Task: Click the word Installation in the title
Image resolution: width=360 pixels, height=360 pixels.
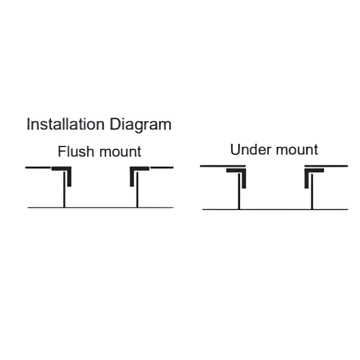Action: coord(65,124)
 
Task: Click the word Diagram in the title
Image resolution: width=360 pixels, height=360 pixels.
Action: coord(140,125)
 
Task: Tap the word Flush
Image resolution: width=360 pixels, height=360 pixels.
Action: coord(76,151)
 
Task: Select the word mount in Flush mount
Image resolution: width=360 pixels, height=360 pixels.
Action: coord(121,152)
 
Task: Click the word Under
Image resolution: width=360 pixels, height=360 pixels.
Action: coord(251,149)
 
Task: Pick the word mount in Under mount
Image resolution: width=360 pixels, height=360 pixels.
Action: coord(297,150)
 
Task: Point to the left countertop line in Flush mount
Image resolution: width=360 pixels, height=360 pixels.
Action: coord(38,167)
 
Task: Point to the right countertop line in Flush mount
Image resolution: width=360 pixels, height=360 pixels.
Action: coord(161,167)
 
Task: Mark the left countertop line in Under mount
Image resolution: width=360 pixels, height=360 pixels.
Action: coord(223,166)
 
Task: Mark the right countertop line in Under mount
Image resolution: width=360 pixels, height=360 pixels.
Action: coord(326,166)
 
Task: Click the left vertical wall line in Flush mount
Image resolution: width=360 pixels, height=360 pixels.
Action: coord(64,190)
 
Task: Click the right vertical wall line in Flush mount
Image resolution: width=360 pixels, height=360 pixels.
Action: coord(137,190)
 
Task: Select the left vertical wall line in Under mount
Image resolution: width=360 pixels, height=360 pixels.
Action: coord(239,191)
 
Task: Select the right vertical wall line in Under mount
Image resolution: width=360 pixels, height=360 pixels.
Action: coord(312,191)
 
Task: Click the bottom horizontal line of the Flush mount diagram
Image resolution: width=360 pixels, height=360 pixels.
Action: coord(101,208)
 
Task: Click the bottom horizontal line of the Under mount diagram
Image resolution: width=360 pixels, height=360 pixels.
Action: coord(275,209)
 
